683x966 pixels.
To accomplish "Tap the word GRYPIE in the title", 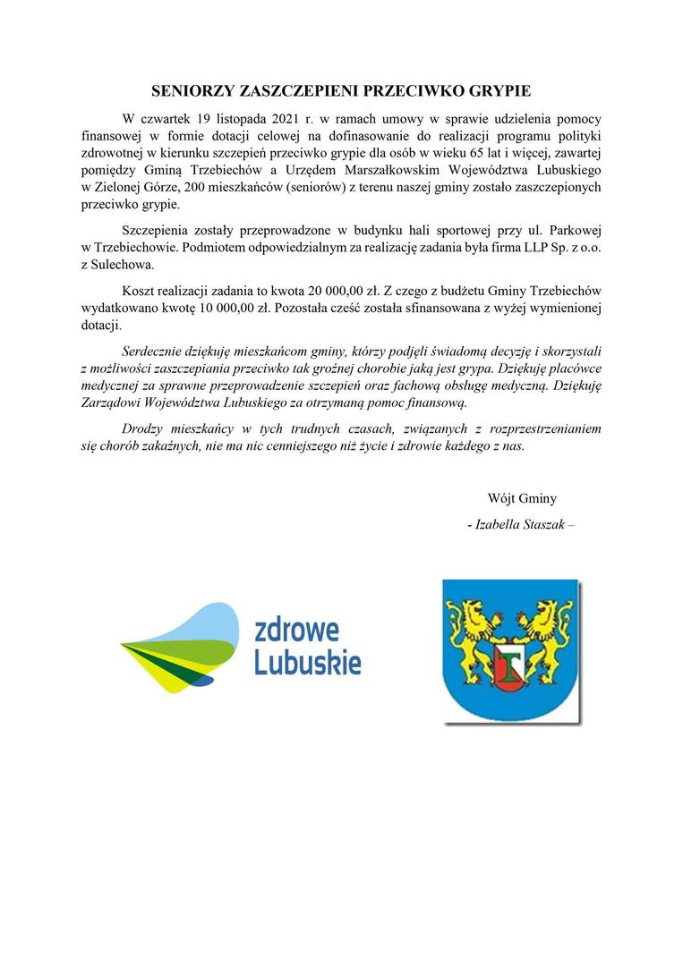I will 501,91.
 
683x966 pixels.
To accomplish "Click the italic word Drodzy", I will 143,428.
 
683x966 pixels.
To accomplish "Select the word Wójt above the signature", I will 503,498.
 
